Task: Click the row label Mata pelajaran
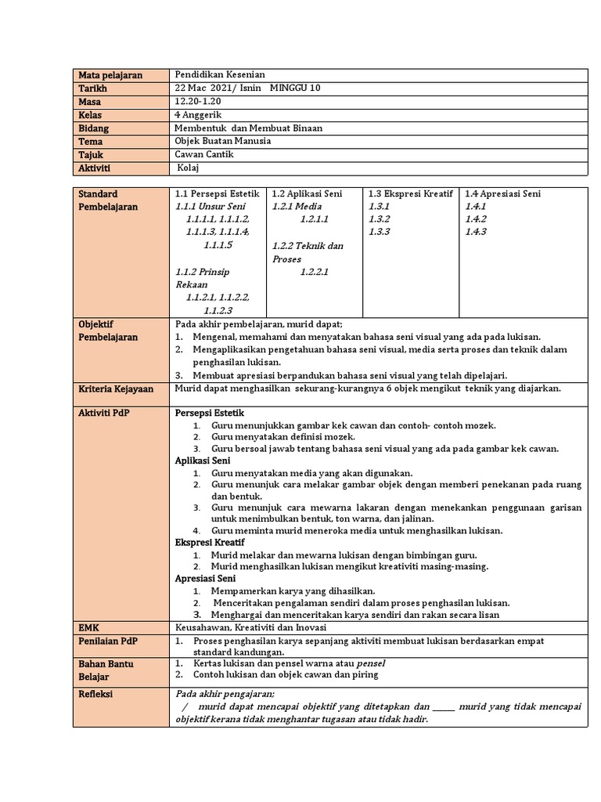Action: pyautogui.click(x=110, y=75)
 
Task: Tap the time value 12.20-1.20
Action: pyautogui.click(x=199, y=102)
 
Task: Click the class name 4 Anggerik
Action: pyautogui.click(x=199, y=115)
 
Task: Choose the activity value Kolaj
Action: pyautogui.click(x=189, y=168)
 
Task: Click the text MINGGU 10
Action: pyautogui.click(x=295, y=89)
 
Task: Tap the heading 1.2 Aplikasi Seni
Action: pyautogui.click(x=308, y=193)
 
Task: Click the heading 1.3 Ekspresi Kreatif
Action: pyautogui.click(x=410, y=193)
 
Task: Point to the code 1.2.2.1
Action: pyautogui.click(x=314, y=272)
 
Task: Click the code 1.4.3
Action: pyautogui.click(x=476, y=232)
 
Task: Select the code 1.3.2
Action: pyautogui.click(x=379, y=219)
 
